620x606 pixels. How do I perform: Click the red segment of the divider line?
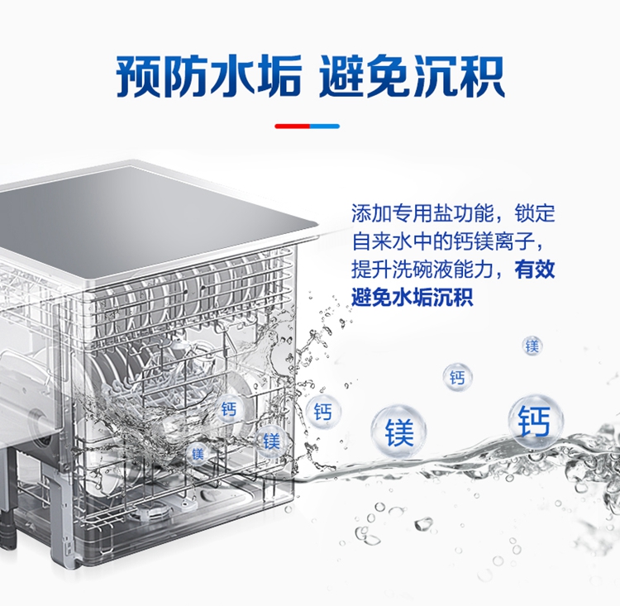pos(292,126)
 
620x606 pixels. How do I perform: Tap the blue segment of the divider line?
pos(325,126)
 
